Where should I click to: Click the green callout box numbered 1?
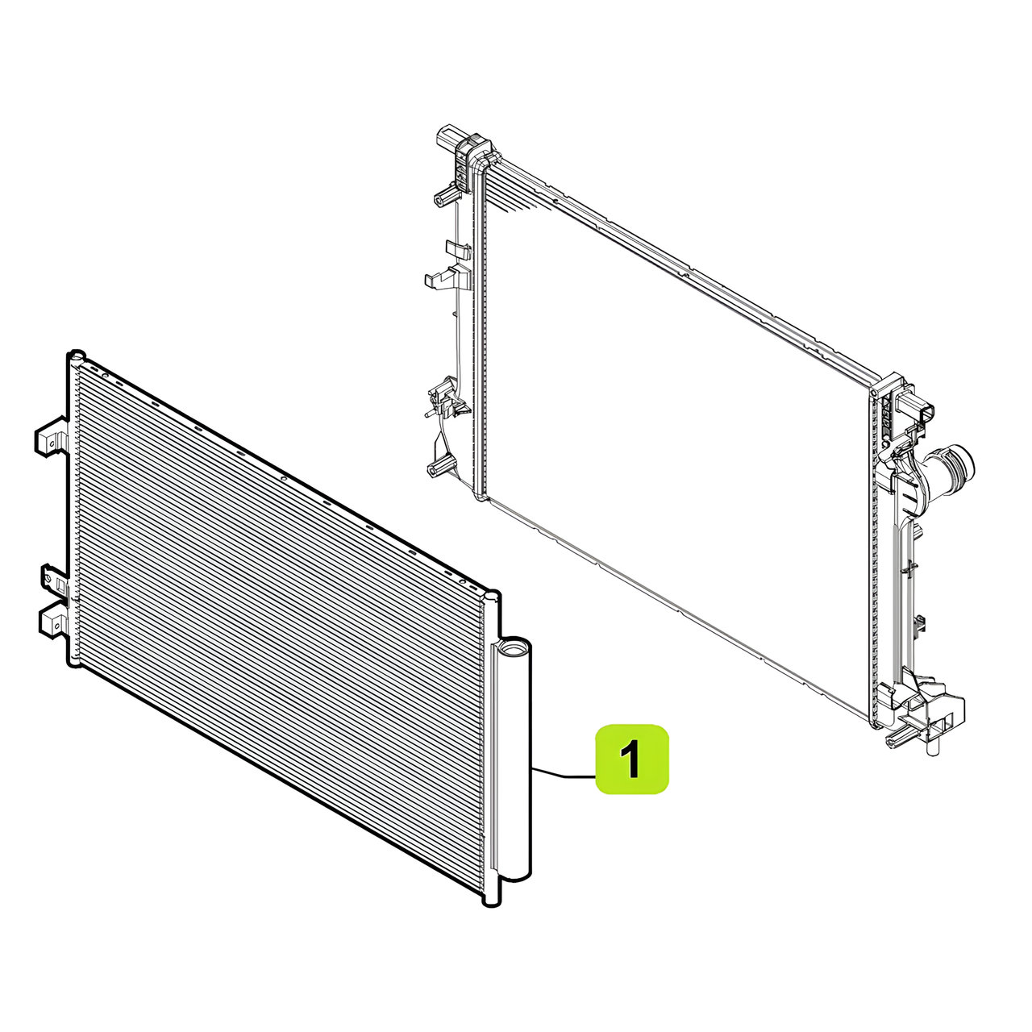pos(632,759)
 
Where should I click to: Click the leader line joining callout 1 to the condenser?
pos(564,772)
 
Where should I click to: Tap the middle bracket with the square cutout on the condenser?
pos(56,581)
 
